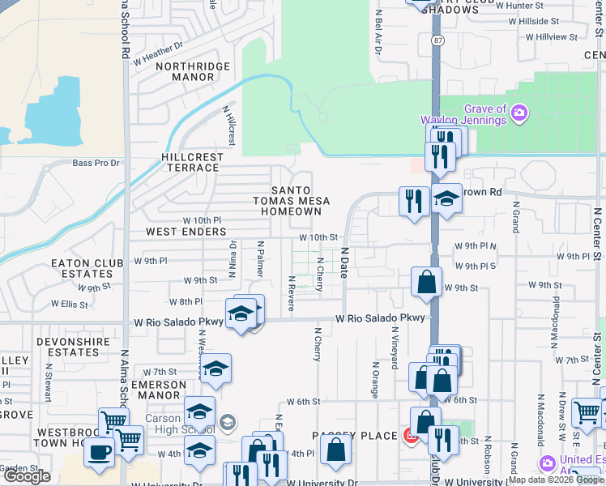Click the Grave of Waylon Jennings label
(475, 115)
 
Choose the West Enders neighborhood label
(186, 232)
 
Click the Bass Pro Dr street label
(96, 163)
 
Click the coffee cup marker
(98, 452)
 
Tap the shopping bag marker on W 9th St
(426, 283)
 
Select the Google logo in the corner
(27, 476)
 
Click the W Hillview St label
(551, 36)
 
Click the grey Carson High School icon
(228, 421)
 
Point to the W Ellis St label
(68, 305)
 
